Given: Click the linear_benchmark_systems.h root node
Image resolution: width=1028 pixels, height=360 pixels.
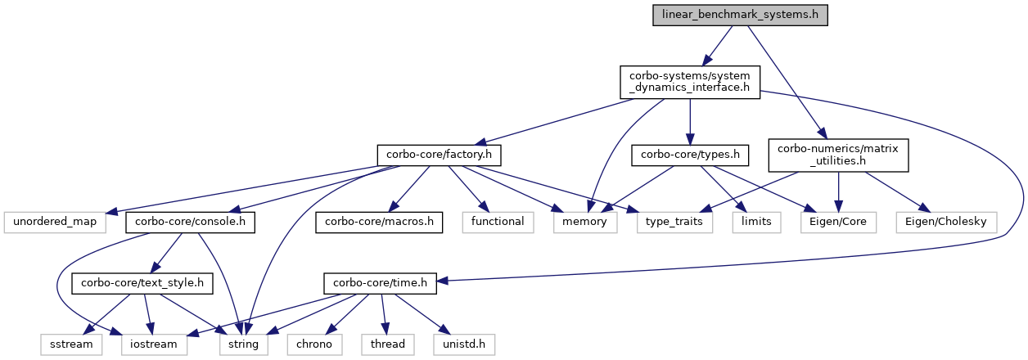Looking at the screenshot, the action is (740, 15).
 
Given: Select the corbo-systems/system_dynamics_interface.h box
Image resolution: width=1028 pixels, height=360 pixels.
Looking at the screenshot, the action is (690, 82).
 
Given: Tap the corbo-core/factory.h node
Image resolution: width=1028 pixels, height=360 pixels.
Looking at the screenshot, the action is (439, 155).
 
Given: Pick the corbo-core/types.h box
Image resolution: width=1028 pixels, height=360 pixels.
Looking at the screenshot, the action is (690, 155).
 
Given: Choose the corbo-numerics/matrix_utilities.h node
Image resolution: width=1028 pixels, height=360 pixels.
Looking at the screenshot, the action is (838, 155).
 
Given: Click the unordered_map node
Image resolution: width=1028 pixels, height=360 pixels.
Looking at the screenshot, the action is (55, 222).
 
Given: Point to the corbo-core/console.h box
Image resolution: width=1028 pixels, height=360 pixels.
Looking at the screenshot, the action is (190, 222).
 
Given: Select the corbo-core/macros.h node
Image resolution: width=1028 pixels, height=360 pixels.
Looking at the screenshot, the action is (379, 222).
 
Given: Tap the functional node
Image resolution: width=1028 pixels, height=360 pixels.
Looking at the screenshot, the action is (498, 222).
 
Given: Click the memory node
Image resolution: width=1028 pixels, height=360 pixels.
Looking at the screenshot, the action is (585, 222).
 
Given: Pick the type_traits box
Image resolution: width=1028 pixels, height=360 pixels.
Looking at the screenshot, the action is (674, 222).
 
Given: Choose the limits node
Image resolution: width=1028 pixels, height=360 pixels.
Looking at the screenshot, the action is (756, 222).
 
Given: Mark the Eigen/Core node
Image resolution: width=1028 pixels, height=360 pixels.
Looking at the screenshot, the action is (838, 222).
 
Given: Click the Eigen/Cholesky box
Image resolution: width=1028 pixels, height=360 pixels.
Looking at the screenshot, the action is (946, 222).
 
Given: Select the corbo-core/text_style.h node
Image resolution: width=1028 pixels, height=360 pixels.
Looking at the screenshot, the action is (142, 283).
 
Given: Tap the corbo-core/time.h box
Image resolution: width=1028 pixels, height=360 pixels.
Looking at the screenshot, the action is (380, 283).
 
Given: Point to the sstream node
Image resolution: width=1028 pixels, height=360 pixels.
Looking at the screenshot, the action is (71, 344).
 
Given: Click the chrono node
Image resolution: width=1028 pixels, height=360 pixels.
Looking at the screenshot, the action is (315, 344).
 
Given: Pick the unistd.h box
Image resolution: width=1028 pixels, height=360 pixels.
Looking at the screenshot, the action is (464, 344).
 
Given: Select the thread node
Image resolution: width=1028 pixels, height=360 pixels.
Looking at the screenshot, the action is (388, 344).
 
